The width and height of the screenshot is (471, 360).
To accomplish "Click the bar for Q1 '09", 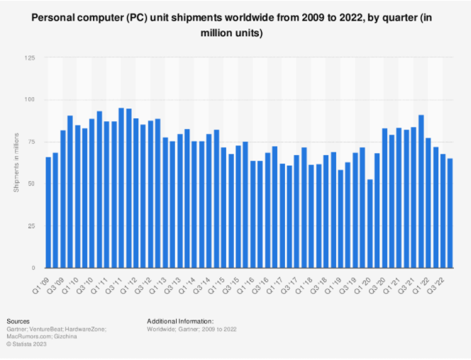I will coord(48,213).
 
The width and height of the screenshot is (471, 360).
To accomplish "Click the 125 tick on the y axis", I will coord(31,58).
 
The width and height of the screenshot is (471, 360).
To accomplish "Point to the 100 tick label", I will coord(31,100).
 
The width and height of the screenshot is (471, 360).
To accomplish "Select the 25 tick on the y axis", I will coord(32,226).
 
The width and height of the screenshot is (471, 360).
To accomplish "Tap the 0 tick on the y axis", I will coord(33,268).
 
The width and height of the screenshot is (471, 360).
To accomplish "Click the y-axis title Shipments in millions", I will coord(16,163).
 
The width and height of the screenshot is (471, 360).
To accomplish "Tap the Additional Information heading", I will coord(179,321).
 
